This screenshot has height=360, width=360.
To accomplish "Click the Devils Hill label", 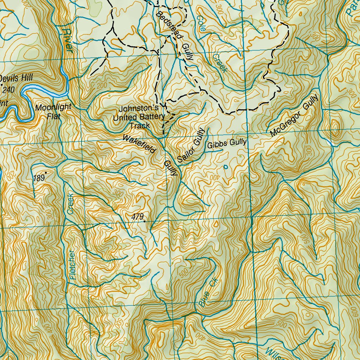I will (17, 78).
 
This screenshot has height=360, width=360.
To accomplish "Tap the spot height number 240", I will (8, 90).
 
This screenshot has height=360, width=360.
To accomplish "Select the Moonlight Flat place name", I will (53, 111).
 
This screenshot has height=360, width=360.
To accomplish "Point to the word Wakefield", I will (139, 143).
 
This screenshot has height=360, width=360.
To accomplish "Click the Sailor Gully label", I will (191, 145).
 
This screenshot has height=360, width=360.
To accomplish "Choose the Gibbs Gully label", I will (227, 143).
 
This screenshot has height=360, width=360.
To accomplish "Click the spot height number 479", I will (137, 217).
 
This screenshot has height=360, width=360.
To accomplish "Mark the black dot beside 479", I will (144, 221).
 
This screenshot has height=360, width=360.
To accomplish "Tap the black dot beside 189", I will (46, 173).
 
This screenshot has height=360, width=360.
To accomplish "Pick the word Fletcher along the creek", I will (72, 264).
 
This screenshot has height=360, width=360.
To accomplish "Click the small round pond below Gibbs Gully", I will (225, 167).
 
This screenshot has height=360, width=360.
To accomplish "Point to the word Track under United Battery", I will (140, 125).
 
